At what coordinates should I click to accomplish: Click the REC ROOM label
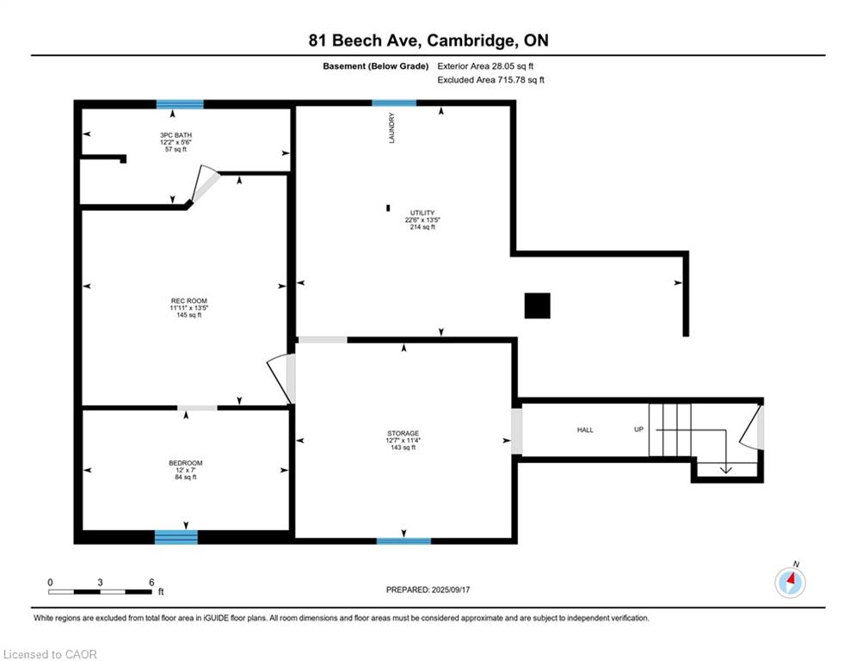tap(189, 301)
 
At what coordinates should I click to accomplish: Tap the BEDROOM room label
tap(186, 463)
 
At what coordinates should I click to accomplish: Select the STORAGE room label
tap(403, 433)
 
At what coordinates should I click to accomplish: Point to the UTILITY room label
tap(422, 213)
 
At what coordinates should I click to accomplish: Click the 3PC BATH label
tap(176, 135)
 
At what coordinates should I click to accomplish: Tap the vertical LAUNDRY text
tap(391, 128)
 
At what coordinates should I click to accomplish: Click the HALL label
tap(585, 430)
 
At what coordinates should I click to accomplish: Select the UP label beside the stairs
tap(638, 429)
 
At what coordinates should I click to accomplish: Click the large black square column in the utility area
tap(537, 306)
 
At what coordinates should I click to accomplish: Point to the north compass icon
tap(790, 581)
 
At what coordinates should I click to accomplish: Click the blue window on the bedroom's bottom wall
tap(176, 537)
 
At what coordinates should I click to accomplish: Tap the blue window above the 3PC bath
tap(180, 104)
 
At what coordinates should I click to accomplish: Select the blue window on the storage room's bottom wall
tap(404, 541)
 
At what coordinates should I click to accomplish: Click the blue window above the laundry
tap(394, 102)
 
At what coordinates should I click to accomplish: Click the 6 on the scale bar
tap(151, 583)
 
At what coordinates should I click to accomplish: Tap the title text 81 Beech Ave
tap(365, 40)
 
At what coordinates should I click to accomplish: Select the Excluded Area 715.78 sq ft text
tap(490, 80)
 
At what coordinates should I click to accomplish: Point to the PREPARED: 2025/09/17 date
tap(428, 590)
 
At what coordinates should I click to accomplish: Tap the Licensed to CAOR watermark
tap(50, 654)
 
